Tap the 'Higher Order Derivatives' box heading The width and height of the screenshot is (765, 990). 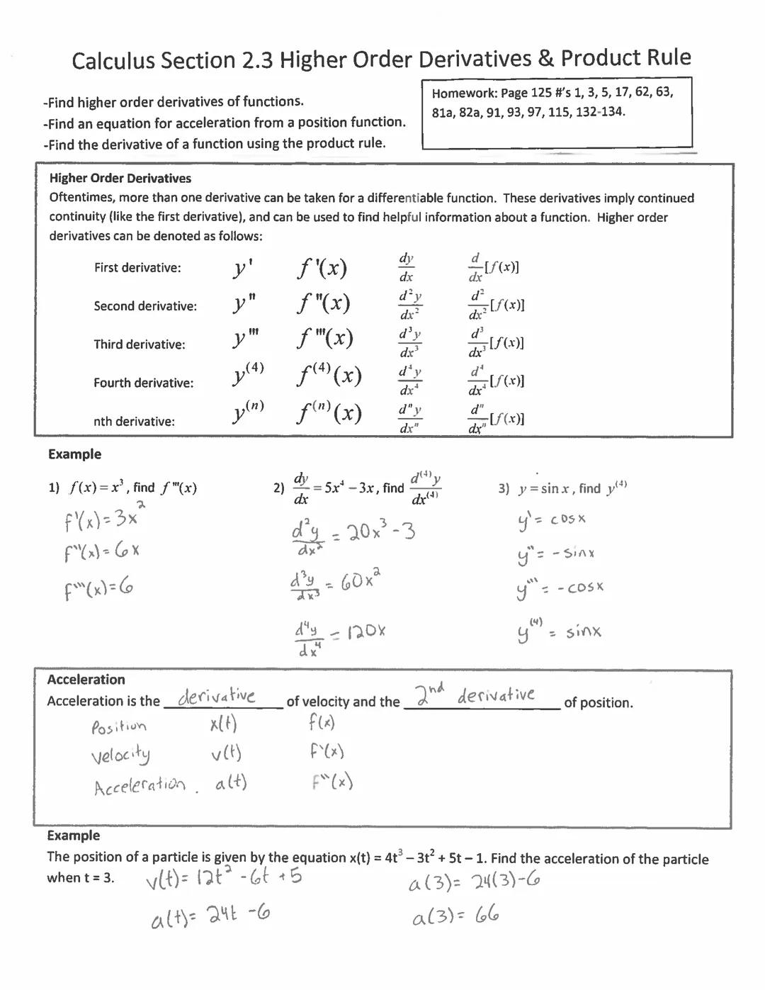point(120,179)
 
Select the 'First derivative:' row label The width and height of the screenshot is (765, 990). point(137,268)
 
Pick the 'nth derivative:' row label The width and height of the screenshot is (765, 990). point(134,422)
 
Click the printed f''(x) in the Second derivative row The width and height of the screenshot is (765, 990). point(323,304)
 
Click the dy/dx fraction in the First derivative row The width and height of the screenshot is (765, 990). point(406,267)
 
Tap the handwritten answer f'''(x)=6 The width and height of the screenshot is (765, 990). point(98,588)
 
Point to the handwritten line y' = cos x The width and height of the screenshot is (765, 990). point(552,520)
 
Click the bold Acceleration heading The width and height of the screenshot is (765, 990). point(86,680)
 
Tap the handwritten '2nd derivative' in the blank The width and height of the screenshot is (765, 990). point(475,695)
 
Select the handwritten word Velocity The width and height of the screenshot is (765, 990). point(120,755)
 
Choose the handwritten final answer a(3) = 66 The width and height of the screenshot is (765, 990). point(455,917)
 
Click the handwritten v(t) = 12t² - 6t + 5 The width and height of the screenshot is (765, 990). point(224,879)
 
